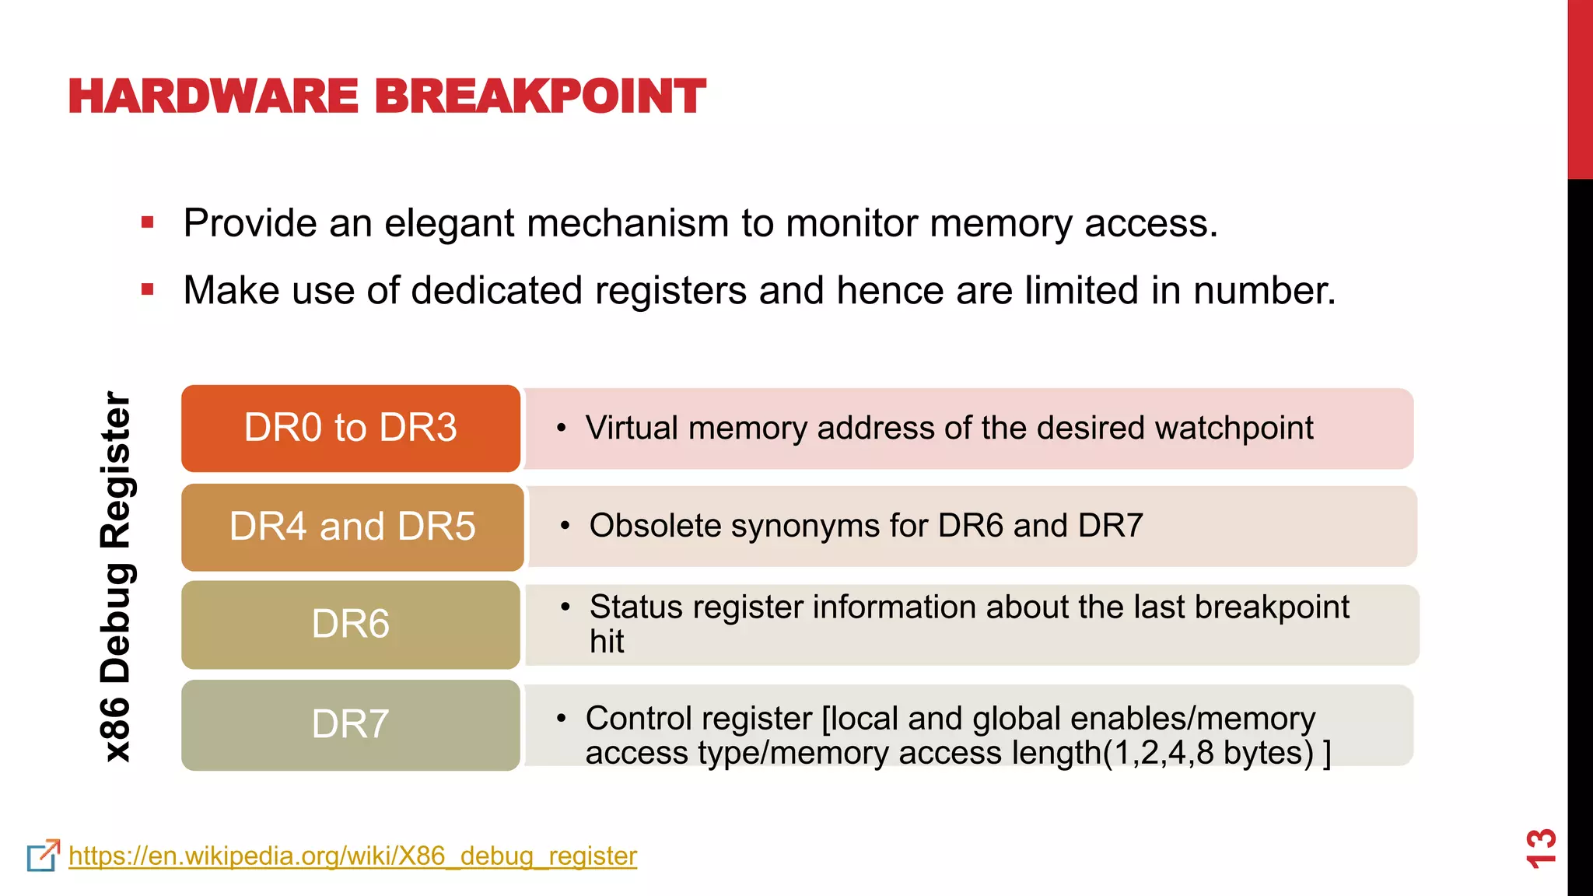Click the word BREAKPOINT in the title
pos(540,96)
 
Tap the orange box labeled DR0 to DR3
pos(351,428)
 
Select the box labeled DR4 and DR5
pos(352,527)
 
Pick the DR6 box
pos(351,625)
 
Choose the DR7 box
pos(351,725)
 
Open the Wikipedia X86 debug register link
pos(352,856)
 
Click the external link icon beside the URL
pos(43,856)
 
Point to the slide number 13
pos(1540,848)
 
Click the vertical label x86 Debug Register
pos(117,576)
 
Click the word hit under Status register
pos(607,642)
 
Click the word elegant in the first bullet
pos(449,224)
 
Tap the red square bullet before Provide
pos(148,223)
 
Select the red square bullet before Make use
pos(148,290)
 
